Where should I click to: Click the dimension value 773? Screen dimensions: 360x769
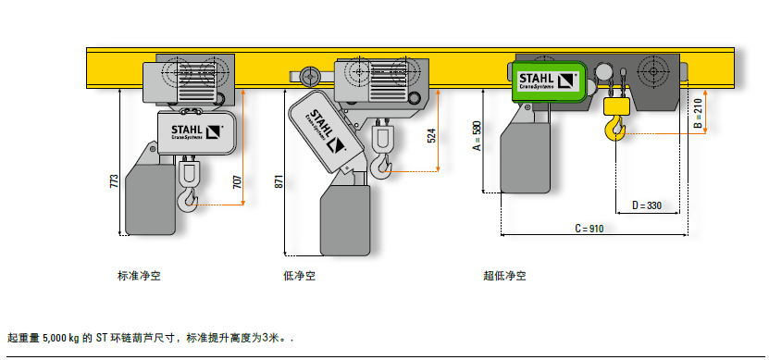[114, 180]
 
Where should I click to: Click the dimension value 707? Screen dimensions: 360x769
[236, 181]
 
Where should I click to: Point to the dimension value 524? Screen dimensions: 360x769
[431, 136]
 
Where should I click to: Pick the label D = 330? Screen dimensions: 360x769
[648, 205]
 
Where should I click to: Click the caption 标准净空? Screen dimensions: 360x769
[139, 275]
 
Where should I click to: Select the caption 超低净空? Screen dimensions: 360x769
[504, 275]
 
